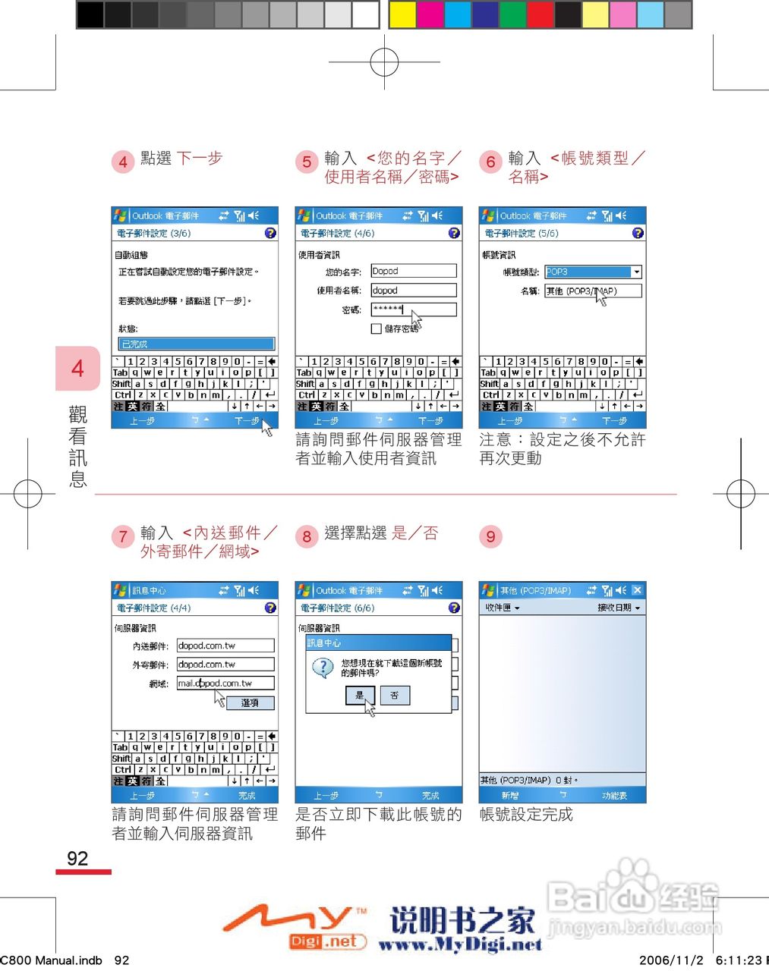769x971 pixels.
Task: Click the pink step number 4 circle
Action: point(123,162)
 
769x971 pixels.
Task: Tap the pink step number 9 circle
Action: point(490,536)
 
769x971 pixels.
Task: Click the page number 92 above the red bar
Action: point(77,858)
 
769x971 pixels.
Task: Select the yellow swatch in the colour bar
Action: point(402,14)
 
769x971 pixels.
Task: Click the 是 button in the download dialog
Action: point(360,695)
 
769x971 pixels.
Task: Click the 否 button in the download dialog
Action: point(395,695)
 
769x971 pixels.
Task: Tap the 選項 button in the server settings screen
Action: point(250,703)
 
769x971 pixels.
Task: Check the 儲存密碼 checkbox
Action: point(376,328)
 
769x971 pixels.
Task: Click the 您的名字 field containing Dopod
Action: point(413,271)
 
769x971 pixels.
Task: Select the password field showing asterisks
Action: point(413,309)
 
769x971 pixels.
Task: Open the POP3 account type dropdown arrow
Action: point(636,272)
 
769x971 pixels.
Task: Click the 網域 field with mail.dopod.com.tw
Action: point(225,683)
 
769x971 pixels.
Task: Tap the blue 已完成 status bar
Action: point(196,344)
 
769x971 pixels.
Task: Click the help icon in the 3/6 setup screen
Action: point(270,233)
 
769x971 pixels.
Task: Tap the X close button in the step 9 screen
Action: point(637,590)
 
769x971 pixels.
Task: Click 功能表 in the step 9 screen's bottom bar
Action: point(614,796)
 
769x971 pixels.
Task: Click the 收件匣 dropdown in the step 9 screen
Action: point(503,608)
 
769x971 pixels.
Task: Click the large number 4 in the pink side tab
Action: point(77,369)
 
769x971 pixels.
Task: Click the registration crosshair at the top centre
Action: point(384,61)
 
